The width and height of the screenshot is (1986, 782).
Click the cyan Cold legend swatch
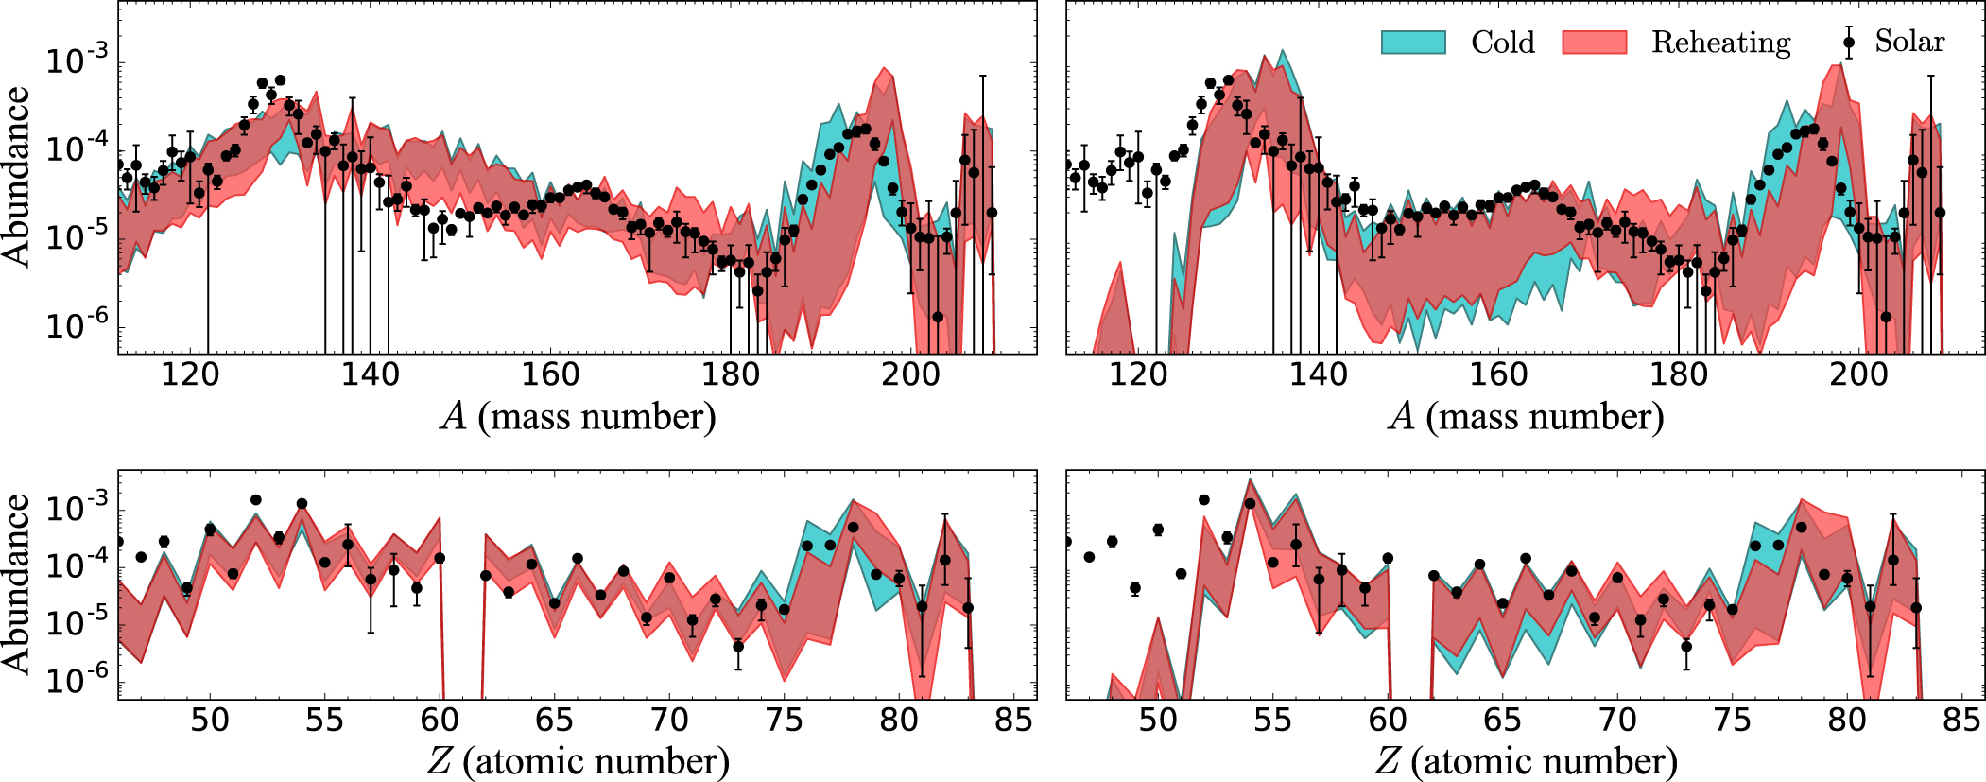coord(1413,43)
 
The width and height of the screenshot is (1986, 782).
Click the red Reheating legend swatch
coord(1594,43)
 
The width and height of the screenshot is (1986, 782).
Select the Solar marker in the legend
coord(1849,43)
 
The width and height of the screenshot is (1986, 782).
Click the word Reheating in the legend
coord(1720,43)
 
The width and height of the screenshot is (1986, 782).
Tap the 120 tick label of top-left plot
coord(190,374)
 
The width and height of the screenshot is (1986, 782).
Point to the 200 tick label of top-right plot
coord(1858,374)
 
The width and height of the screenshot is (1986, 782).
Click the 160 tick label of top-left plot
coord(550,374)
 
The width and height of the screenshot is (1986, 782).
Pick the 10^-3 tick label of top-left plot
coord(78,62)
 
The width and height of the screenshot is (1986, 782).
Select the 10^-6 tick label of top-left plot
coord(78,327)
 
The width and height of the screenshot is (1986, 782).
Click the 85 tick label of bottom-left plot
coord(1013,721)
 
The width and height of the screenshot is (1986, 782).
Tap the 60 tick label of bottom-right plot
coord(1388,721)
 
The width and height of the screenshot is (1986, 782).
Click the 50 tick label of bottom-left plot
coord(210,721)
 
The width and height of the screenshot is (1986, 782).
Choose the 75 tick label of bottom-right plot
coord(1732,721)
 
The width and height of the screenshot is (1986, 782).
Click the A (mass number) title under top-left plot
coord(578,416)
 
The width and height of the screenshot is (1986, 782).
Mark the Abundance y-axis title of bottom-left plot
coord(17,583)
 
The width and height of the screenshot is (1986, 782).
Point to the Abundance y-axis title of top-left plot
coord(17,177)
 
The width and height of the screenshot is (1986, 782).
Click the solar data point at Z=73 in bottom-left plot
coord(738,646)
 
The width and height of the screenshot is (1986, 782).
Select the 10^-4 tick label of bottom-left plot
coord(78,566)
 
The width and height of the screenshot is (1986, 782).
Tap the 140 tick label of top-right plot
coord(1318,374)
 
